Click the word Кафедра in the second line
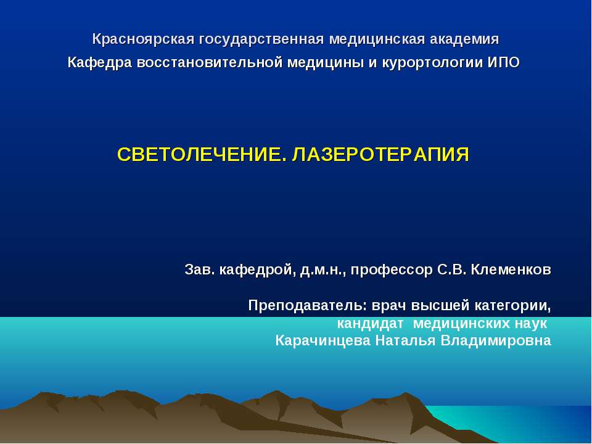pyautogui.click(x=99, y=63)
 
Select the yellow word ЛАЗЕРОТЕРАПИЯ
pyautogui.click(x=380, y=154)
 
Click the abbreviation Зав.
pyautogui.click(x=198, y=270)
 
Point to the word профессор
pyautogui.click(x=383, y=270)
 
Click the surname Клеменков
pyautogui.click(x=511, y=270)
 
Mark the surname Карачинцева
pyautogui.click(x=323, y=341)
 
